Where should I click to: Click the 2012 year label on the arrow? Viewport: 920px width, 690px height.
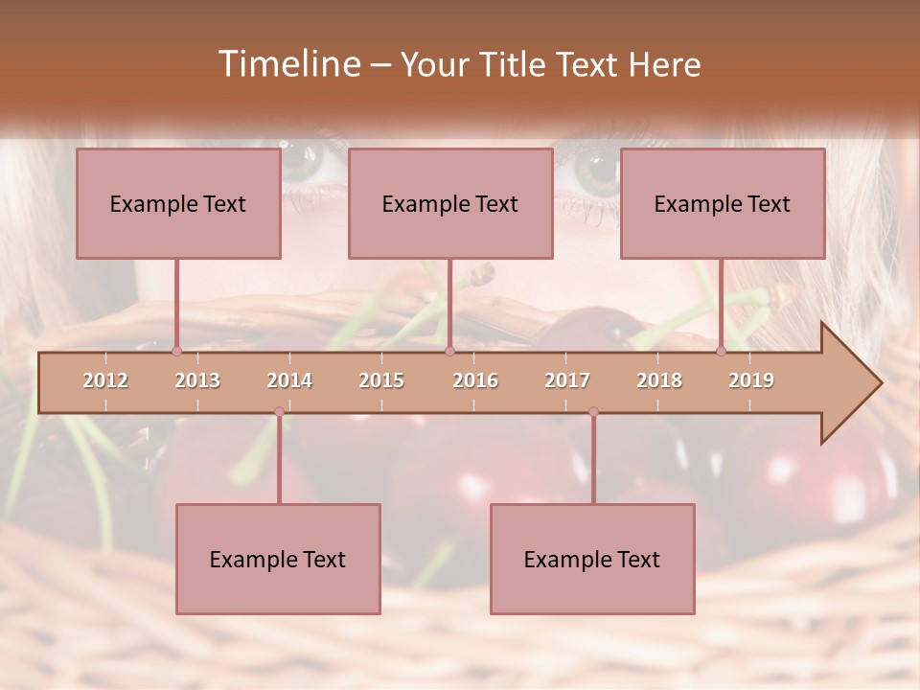click(105, 380)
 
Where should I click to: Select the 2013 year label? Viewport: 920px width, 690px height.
click(197, 380)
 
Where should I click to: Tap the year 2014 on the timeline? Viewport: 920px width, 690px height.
click(289, 380)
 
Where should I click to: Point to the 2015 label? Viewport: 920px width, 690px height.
click(381, 380)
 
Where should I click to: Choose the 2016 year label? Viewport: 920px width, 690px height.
click(475, 380)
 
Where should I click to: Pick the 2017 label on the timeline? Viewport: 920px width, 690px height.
click(567, 380)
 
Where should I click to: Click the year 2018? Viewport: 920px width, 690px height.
click(659, 380)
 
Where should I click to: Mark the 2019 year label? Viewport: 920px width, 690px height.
click(751, 380)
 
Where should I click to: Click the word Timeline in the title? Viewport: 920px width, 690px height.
click(288, 64)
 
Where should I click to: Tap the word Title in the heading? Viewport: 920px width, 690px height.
click(511, 65)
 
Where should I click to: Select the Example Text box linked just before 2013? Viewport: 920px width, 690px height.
click(178, 203)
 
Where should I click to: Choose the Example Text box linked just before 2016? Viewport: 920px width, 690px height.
click(450, 203)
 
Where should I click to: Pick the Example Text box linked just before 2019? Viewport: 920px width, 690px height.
click(723, 203)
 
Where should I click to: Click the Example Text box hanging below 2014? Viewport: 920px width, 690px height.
click(278, 559)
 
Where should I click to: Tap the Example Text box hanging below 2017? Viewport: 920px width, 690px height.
click(592, 559)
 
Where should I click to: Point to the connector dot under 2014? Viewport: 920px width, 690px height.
click(279, 412)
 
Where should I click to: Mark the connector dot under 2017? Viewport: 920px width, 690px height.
click(593, 412)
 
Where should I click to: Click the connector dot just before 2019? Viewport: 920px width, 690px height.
click(722, 352)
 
